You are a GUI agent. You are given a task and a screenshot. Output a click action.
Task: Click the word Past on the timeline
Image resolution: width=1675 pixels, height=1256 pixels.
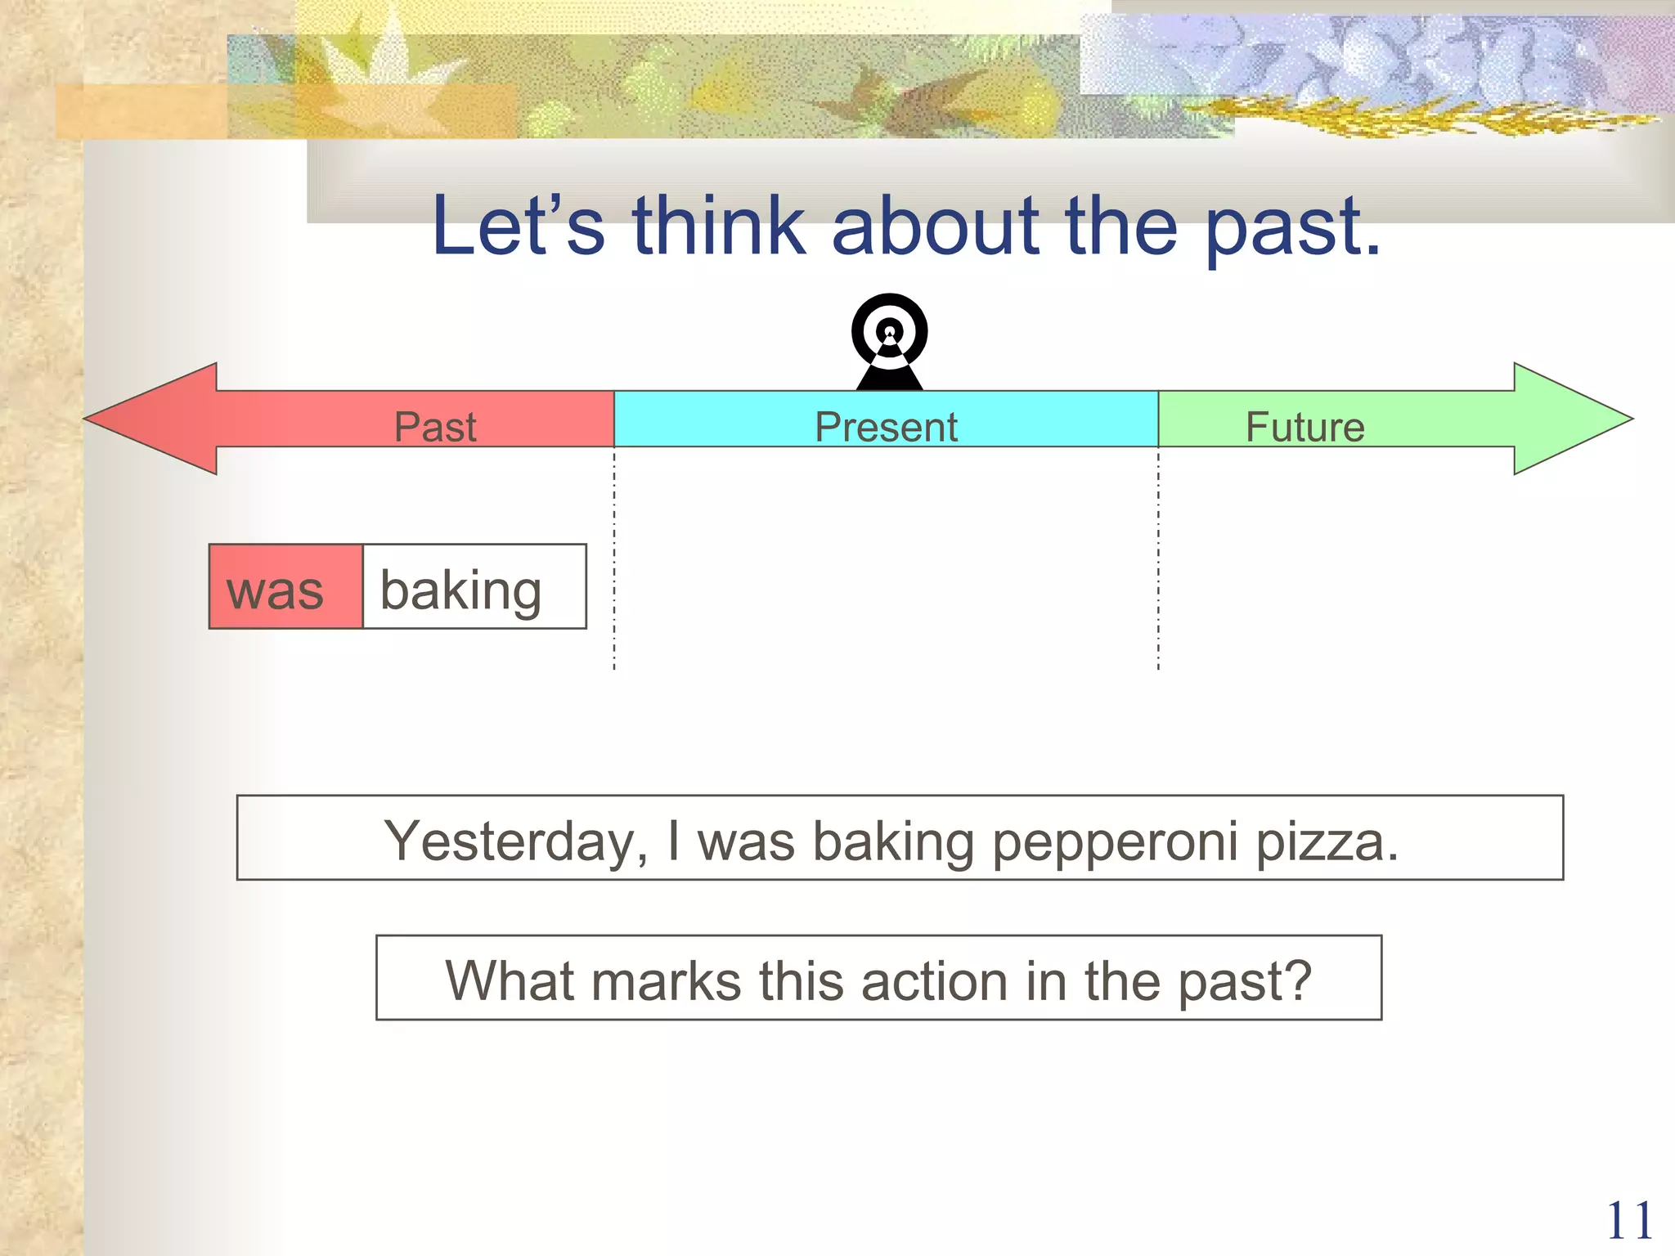click(435, 427)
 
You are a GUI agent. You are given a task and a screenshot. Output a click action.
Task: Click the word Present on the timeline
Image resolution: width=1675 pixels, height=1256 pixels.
click(886, 427)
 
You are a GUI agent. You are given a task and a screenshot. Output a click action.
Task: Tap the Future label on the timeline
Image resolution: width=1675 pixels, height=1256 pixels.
click(1305, 427)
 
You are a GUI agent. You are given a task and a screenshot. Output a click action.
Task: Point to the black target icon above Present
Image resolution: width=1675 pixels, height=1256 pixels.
click(889, 340)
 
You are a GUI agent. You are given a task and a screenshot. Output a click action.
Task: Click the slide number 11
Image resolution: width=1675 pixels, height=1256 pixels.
click(1628, 1222)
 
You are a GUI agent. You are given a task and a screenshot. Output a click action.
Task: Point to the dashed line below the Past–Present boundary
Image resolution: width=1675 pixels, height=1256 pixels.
click(614, 564)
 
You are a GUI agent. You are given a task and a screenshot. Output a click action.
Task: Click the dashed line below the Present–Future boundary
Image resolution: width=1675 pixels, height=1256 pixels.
click(1158, 564)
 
